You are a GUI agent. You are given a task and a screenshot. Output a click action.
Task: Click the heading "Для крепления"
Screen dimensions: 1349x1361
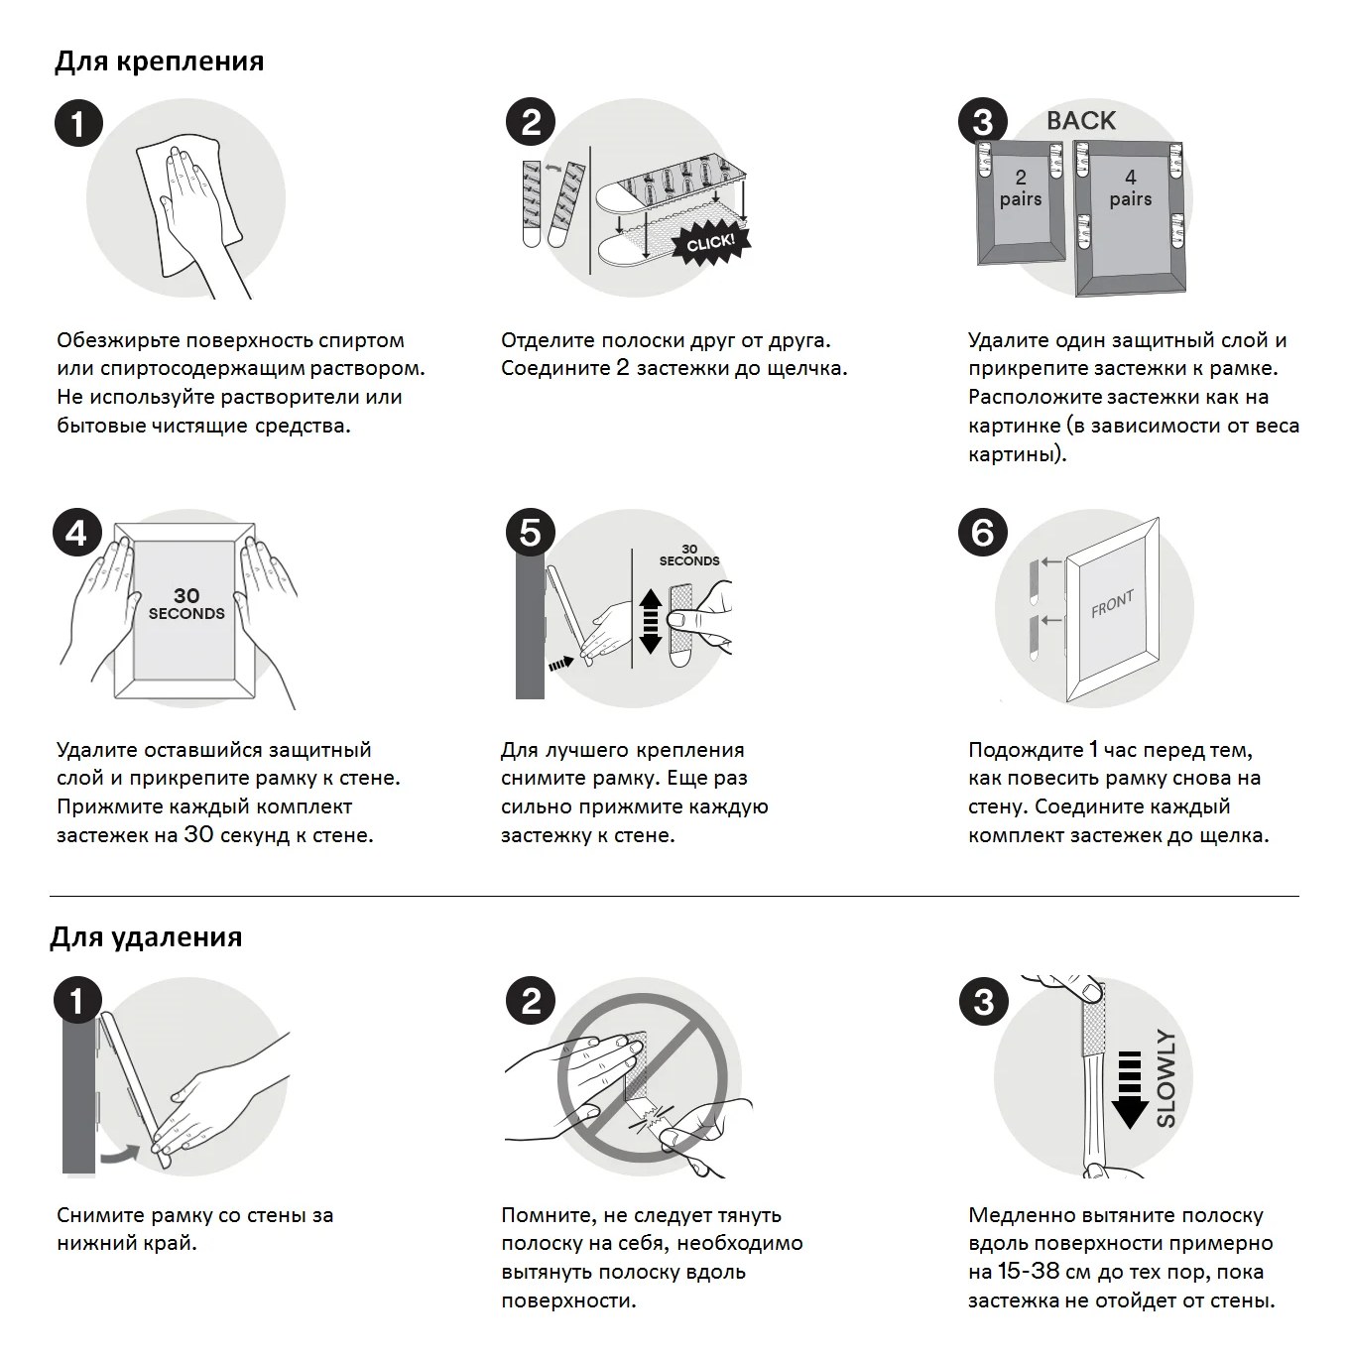[x=159, y=62]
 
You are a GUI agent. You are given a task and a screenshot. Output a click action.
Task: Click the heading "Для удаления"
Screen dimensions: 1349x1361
[x=146, y=937]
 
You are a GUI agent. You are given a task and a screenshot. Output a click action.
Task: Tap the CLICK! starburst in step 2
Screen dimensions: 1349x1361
[x=711, y=243]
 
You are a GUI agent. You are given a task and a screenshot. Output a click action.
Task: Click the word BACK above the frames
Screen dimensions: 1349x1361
[x=1080, y=121]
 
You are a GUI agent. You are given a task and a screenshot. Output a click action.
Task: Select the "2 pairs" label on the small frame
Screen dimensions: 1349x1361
[x=1020, y=187]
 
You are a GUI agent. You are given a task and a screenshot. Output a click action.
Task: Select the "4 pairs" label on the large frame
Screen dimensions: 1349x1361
[x=1130, y=187]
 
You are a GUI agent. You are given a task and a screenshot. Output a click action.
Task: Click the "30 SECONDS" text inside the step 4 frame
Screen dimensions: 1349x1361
[x=186, y=604]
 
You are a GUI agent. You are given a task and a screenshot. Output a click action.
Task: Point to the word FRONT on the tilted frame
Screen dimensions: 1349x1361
[x=1112, y=603]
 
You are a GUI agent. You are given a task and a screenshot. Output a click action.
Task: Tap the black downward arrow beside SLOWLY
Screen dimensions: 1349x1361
[x=1130, y=1088]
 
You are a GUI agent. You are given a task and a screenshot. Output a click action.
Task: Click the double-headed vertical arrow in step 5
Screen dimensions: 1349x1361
[x=651, y=621]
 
